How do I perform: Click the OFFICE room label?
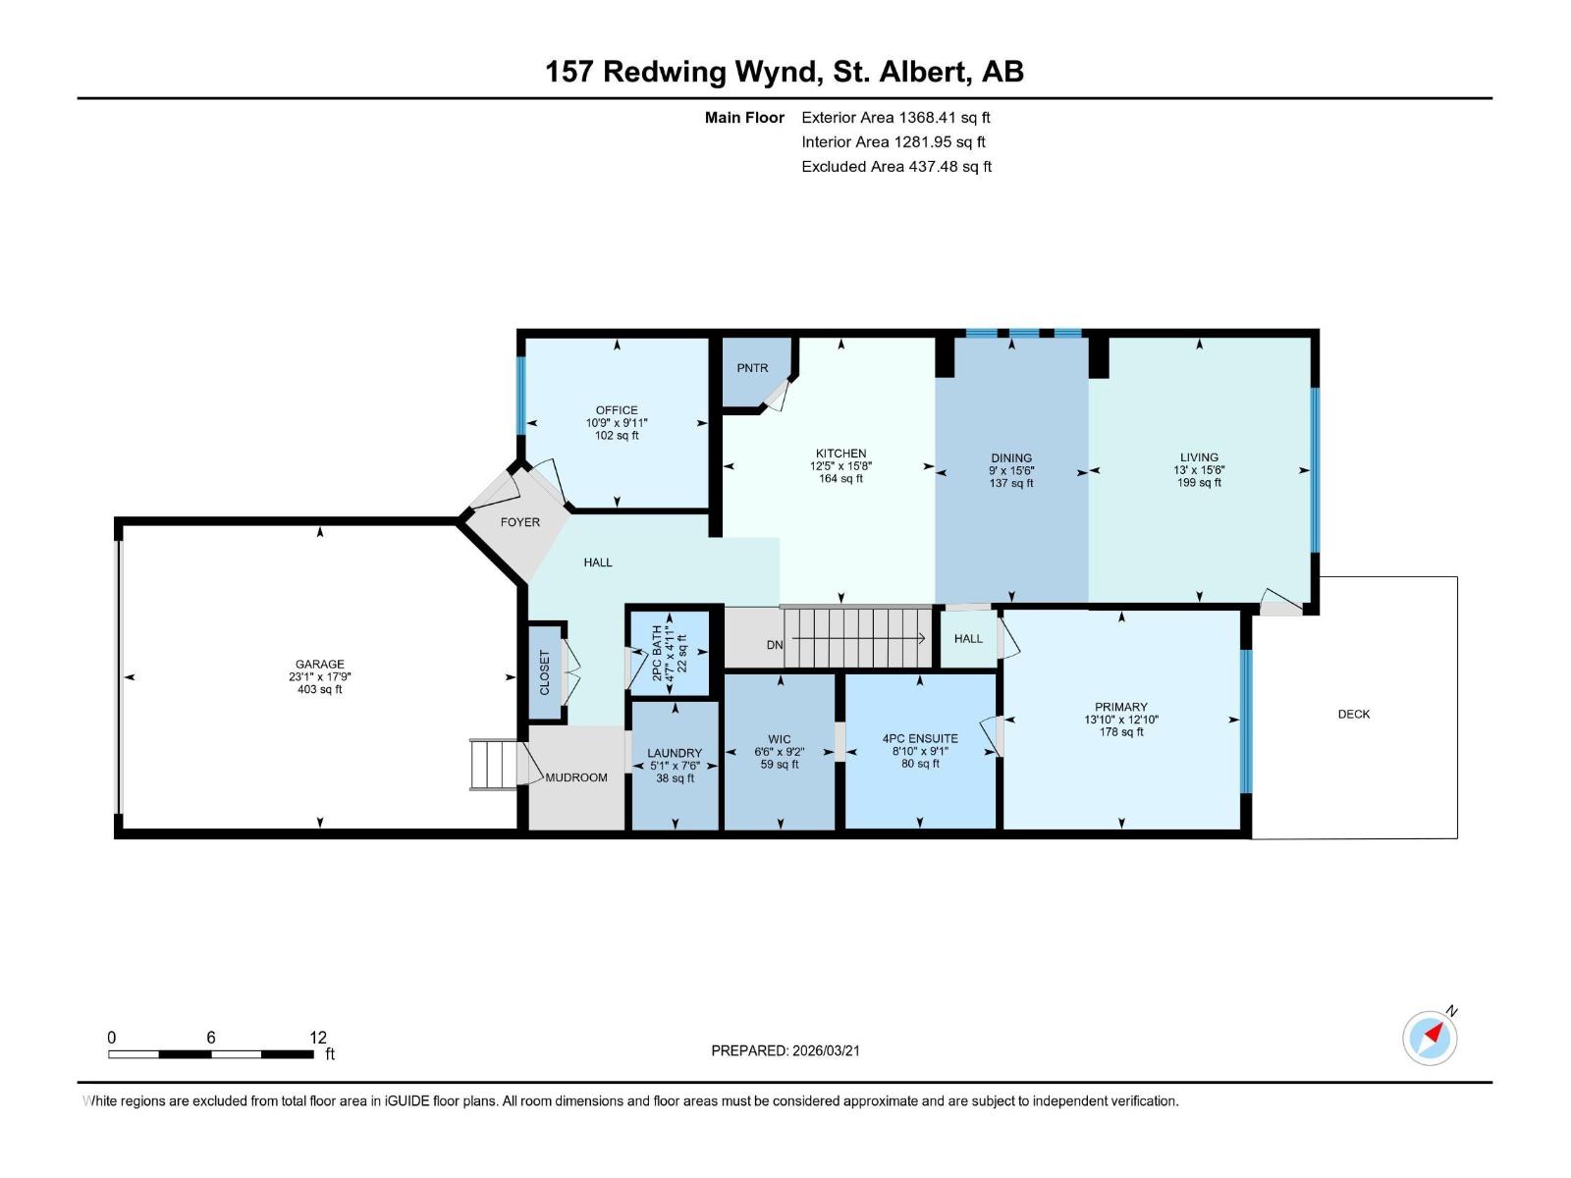tap(617, 410)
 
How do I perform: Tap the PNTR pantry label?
tap(752, 368)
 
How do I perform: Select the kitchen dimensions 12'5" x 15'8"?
tap(840, 466)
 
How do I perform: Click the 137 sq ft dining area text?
tap(1011, 483)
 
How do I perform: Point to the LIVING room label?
tap(1199, 457)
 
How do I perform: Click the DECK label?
tap(1353, 714)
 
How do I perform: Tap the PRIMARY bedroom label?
tap(1120, 707)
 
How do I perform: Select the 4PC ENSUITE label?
tap(920, 738)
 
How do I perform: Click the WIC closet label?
tap(780, 739)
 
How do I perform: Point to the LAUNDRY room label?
tap(675, 753)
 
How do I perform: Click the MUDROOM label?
tap(576, 777)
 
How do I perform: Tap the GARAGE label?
tap(320, 665)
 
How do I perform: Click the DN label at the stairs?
tap(775, 645)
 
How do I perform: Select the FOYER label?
tap(520, 522)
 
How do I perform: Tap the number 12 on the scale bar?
tap(318, 1038)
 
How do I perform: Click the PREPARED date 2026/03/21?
tap(824, 1050)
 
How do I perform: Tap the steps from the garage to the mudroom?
tap(493, 765)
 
